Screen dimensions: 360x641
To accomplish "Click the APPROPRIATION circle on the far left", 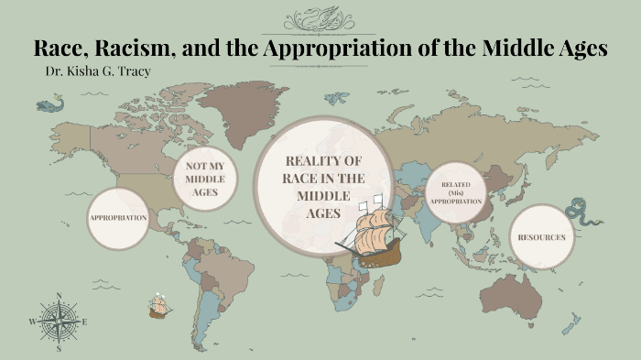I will [x=118, y=218].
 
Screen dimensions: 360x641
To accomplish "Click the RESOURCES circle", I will [x=540, y=237].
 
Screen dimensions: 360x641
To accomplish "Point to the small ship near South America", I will [x=160, y=306].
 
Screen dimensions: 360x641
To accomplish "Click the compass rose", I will [x=59, y=322].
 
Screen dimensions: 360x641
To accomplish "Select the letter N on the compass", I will [x=59, y=296].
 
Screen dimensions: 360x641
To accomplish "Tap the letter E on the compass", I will [x=85, y=322].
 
